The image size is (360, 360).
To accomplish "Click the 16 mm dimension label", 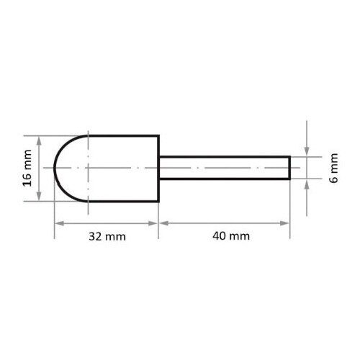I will [27, 168].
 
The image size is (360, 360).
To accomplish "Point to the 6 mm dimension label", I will [333, 168].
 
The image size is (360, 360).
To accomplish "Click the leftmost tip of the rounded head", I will [55, 168].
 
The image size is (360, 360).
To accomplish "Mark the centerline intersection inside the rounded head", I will [86, 168].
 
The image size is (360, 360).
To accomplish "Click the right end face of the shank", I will [290, 168].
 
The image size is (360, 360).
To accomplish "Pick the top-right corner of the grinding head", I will [158, 135].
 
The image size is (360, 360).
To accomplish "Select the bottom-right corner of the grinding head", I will [158, 202].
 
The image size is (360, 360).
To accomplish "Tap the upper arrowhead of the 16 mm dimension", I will [40, 139].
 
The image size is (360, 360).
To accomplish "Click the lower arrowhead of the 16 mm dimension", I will [40, 198].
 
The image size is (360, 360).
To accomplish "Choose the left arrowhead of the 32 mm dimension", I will [58, 222].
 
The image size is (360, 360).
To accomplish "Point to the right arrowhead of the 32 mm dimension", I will [155, 222].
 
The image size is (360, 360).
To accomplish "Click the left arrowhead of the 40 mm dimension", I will [163, 222].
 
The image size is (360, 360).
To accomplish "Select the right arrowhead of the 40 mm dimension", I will [287, 222].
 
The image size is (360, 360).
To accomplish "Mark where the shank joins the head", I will [159, 168].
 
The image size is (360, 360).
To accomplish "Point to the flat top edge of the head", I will [122, 135].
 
